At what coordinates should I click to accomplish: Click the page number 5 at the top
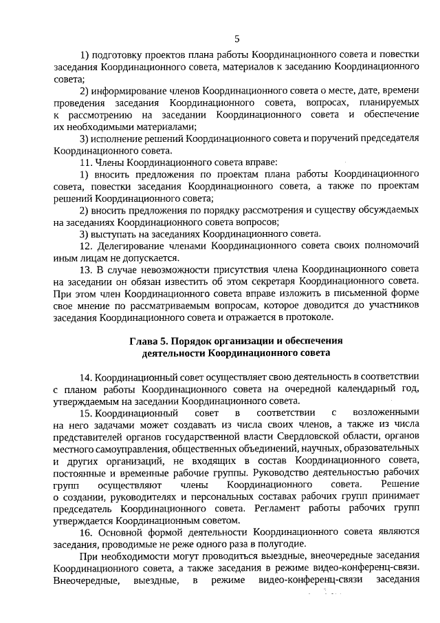pyautogui.click(x=237, y=38)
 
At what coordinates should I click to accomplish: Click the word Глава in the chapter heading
pyautogui.click(x=144, y=341)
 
